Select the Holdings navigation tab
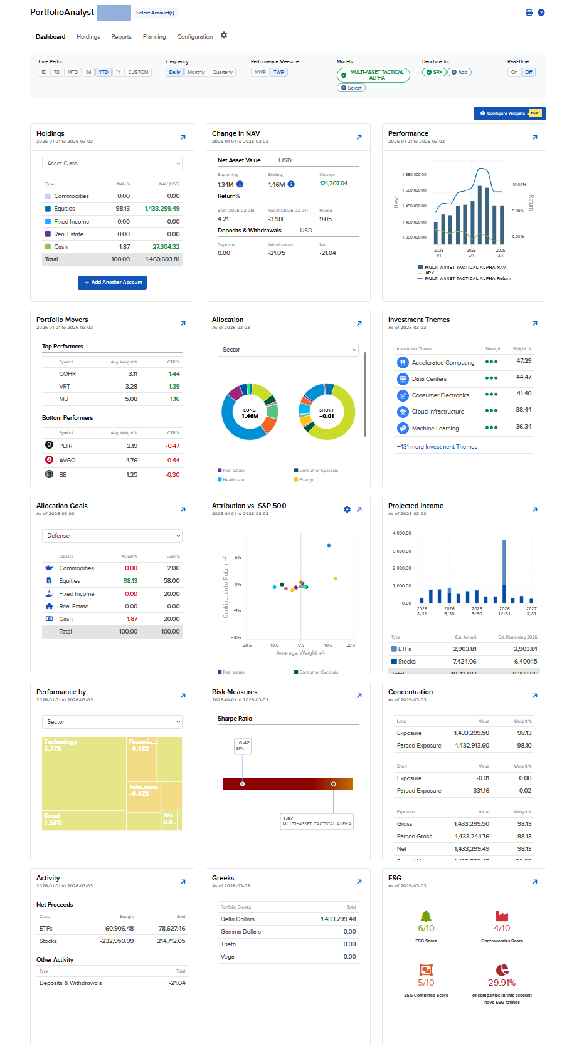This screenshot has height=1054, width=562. tap(88, 37)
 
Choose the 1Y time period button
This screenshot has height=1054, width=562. tap(118, 73)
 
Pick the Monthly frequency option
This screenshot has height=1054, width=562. tap(196, 73)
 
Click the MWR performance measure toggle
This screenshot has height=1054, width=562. tap(260, 73)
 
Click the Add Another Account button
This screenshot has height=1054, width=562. tap(112, 283)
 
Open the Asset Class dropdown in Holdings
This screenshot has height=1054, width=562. tap(112, 164)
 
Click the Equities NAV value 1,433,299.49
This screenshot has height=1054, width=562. tap(162, 209)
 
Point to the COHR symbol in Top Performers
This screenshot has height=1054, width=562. tap(68, 374)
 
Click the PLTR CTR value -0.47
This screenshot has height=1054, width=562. tap(172, 446)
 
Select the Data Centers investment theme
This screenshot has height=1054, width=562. tap(429, 379)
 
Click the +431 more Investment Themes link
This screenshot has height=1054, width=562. tap(437, 447)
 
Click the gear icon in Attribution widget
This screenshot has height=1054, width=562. tap(347, 509)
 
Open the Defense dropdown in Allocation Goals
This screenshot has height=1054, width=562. tap(112, 536)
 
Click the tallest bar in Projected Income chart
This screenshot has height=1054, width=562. tap(504, 570)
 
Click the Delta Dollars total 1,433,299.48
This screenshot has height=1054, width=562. tap(338, 919)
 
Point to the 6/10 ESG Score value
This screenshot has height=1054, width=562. tap(426, 929)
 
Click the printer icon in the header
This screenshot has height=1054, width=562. tap(529, 13)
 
